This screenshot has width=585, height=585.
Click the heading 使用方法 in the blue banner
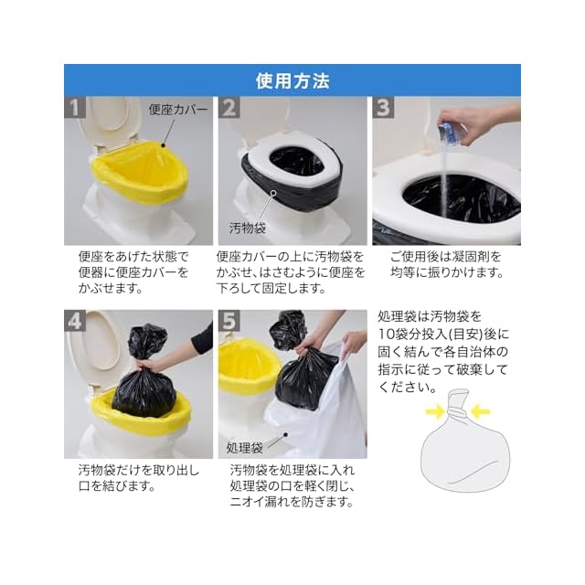(x=292, y=81)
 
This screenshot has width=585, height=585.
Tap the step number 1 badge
(x=75, y=108)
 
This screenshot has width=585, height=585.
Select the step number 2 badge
(x=229, y=108)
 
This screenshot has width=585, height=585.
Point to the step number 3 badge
(x=383, y=108)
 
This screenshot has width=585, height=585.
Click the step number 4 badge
(x=75, y=321)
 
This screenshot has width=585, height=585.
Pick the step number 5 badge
(x=229, y=321)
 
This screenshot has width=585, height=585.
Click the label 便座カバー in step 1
(x=178, y=110)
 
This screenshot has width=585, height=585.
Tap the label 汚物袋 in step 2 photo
(x=248, y=228)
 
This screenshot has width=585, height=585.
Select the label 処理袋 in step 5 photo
(x=245, y=447)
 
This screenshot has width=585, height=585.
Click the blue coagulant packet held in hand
(x=451, y=132)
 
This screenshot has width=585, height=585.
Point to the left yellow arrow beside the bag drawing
(x=435, y=412)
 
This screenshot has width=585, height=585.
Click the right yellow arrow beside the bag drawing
(x=480, y=412)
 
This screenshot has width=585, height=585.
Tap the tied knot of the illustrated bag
(x=457, y=412)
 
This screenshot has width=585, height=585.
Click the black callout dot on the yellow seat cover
(x=163, y=144)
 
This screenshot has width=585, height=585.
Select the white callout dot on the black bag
(x=273, y=193)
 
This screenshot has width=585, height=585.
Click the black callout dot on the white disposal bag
(x=286, y=435)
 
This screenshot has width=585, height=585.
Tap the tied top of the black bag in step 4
(x=147, y=341)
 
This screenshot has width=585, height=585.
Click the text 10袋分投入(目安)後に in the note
(x=443, y=334)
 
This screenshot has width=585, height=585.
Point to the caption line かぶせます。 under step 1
(x=111, y=289)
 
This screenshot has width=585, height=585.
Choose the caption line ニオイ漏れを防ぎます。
(x=292, y=502)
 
